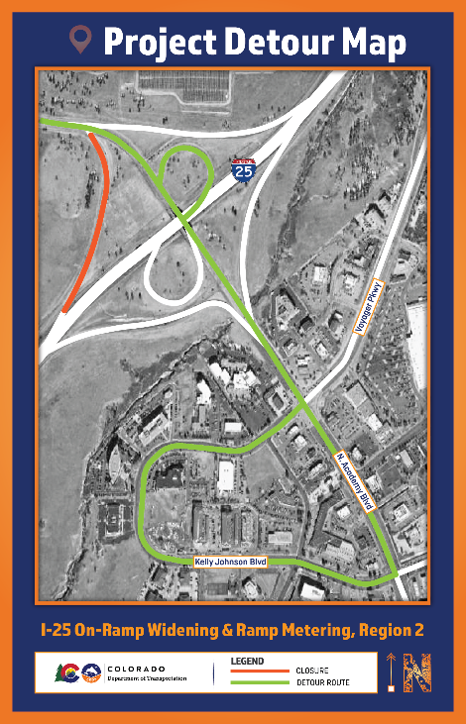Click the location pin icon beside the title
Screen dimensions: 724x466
(80, 41)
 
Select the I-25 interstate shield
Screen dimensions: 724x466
(242, 170)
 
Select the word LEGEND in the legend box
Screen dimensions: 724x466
(247, 660)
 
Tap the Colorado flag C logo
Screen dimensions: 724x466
(68, 672)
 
